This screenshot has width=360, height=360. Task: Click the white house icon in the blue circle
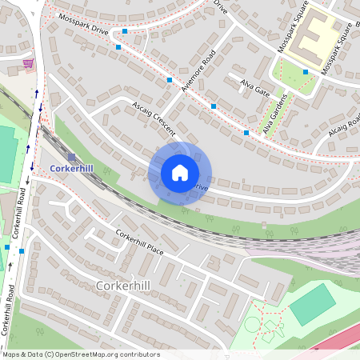[x=180, y=173]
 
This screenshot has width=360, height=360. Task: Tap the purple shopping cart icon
[x=29, y=63]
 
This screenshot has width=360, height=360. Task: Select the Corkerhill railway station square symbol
[x=73, y=157]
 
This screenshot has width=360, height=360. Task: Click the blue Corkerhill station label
[x=72, y=169]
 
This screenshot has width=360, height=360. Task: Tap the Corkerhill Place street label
[x=139, y=242]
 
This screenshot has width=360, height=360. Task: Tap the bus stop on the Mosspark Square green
[x=306, y=72]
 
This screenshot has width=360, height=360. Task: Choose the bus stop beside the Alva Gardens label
[x=246, y=133]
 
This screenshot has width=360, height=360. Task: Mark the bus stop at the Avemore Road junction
[x=170, y=80]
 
